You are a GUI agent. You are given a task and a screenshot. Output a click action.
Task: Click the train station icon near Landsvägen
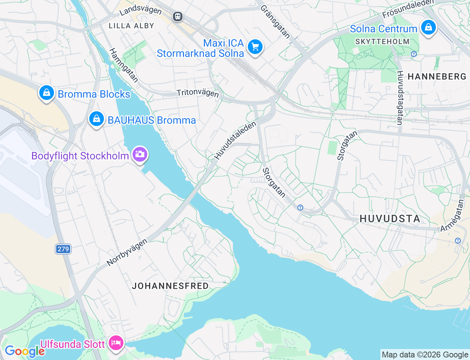(x=178, y=17)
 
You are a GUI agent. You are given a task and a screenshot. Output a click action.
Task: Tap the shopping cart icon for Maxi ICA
(x=255, y=47)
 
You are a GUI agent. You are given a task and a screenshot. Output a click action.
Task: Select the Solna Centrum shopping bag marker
(x=428, y=27)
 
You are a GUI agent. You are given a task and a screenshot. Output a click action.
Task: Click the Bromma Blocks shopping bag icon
(x=47, y=93)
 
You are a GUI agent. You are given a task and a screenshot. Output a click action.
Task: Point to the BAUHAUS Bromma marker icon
(x=97, y=119)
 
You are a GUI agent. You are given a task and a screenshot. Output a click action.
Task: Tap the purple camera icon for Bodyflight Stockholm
(x=140, y=154)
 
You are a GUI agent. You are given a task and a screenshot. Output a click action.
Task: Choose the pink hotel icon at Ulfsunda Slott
(x=116, y=343)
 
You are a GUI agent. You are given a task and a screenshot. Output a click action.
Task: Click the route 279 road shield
(x=63, y=249)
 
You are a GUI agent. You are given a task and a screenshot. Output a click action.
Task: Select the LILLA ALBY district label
(x=131, y=26)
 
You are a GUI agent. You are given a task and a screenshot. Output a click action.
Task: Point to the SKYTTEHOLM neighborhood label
(x=382, y=42)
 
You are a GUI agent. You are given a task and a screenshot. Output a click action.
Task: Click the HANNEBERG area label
(x=437, y=76)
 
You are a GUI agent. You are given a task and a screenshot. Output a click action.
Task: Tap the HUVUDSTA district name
(x=390, y=219)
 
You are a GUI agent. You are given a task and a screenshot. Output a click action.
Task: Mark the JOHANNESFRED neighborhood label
(x=170, y=286)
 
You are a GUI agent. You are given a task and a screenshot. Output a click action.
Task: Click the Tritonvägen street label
(x=198, y=93)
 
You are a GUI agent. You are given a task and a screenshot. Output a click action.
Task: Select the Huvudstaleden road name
(x=235, y=141)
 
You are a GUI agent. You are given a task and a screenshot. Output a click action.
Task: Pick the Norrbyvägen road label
(x=127, y=252)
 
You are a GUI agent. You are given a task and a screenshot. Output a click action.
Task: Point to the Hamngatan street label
(x=124, y=65)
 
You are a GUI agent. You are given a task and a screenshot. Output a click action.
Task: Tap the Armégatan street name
(x=452, y=216)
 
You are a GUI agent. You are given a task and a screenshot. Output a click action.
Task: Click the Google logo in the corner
(x=24, y=351)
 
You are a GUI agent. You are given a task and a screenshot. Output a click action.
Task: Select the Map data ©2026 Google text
(x=425, y=354)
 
